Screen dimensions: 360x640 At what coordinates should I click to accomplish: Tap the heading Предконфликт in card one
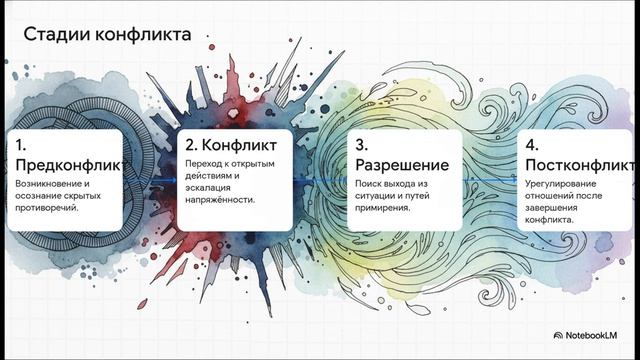pyautogui.click(x=68, y=165)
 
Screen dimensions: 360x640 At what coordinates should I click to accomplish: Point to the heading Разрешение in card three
pyautogui.click(x=401, y=165)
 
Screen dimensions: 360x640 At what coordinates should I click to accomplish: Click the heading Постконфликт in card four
pyautogui.click(x=578, y=165)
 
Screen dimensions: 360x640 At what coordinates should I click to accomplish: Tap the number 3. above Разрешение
pyautogui.click(x=362, y=146)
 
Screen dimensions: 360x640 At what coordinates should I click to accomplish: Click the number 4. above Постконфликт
pyautogui.click(x=531, y=146)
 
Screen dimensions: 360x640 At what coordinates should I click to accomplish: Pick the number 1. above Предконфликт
pyautogui.click(x=21, y=146)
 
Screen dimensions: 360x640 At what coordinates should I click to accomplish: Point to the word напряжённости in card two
pyautogui.click(x=221, y=199)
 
